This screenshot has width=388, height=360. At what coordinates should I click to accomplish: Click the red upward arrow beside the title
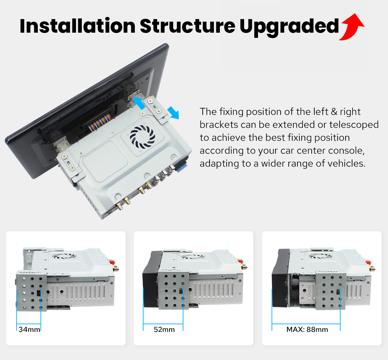(x=352, y=27)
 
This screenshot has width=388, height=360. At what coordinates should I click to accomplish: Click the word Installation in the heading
(x=78, y=26)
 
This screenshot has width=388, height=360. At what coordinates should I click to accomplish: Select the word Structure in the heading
(x=188, y=26)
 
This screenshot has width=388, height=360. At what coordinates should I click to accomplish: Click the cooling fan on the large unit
(x=143, y=136)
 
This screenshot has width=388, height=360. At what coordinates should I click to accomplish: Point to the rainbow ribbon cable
(x=100, y=123)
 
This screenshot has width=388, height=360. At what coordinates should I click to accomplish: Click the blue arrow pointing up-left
(x=140, y=103)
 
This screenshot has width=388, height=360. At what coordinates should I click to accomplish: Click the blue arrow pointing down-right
(x=173, y=113)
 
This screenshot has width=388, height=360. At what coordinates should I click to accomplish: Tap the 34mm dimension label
(x=29, y=330)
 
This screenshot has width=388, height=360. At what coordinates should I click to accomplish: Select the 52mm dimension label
(x=164, y=330)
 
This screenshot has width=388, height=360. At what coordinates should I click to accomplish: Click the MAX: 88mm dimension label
(x=307, y=330)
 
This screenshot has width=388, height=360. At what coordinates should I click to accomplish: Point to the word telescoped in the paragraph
(x=354, y=125)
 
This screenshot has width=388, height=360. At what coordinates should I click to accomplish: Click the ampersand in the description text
(x=334, y=112)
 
